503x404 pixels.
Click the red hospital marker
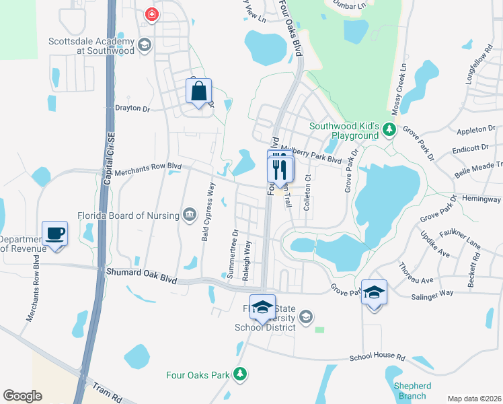pos(153,13)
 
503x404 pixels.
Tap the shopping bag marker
pos(199,93)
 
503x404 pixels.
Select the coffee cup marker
pos(55,234)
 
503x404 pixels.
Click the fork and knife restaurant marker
pos(281,169)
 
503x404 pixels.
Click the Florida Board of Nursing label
pos(137,215)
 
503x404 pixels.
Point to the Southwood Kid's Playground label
pos(344,131)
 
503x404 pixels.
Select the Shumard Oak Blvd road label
pos(141,275)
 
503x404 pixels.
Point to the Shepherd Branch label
pos(412,391)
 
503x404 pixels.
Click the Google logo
pos(22,395)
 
